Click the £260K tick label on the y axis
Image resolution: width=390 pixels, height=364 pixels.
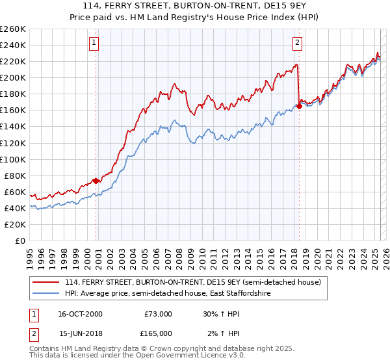pyautogui.click(x=13, y=29)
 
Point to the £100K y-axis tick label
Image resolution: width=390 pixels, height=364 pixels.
pyautogui.click(x=13, y=159)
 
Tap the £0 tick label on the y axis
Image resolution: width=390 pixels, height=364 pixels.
pyautogui.click(x=21, y=241)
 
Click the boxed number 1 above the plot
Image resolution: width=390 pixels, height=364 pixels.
pyautogui.click(x=95, y=44)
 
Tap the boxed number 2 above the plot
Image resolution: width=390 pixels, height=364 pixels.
pyautogui.click(x=297, y=44)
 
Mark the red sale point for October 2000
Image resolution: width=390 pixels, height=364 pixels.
pyautogui.click(x=96, y=181)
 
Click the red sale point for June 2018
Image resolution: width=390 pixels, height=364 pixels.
pyautogui.click(x=299, y=106)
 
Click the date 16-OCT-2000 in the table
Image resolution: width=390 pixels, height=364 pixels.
pyautogui.click(x=81, y=313)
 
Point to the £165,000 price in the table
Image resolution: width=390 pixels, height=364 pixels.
pyautogui.click(x=159, y=333)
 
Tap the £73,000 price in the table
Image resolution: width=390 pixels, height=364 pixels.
pyautogui.click(x=159, y=313)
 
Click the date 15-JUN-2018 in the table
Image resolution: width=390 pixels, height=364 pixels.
pyautogui.click(x=81, y=333)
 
